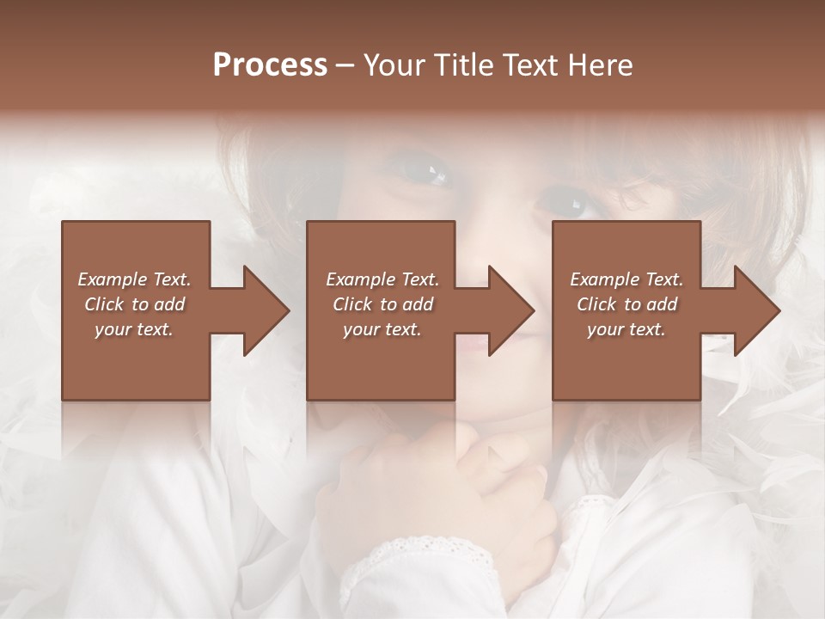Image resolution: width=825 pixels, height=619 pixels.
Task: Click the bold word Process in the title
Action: pyautogui.click(x=270, y=65)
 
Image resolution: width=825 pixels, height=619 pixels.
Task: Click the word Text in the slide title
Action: pyautogui.click(x=529, y=65)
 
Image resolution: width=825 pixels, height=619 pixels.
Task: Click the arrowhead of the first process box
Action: pyautogui.click(x=266, y=310)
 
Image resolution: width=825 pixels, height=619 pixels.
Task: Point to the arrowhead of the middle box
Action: pyautogui.click(x=511, y=310)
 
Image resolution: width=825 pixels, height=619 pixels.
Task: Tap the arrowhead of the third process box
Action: pyautogui.click(x=757, y=310)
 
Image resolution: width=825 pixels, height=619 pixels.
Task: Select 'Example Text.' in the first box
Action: pyautogui.click(x=134, y=279)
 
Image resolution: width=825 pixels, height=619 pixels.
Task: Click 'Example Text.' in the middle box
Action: pyautogui.click(x=382, y=279)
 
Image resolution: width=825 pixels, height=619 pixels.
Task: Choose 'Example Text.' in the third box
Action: pyautogui.click(x=626, y=279)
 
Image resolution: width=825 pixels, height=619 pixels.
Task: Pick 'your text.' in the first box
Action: pyautogui.click(x=134, y=329)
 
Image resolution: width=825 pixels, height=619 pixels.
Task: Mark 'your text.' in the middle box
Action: pyautogui.click(x=382, y=329)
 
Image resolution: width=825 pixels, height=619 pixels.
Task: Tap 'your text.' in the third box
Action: pyautogui.click(x=626, y=329)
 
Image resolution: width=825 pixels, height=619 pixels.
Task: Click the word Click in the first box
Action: pyautogui.click(x=105, y=304)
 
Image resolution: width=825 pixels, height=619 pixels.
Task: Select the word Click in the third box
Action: pyautogui.click(x=596, y=304)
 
